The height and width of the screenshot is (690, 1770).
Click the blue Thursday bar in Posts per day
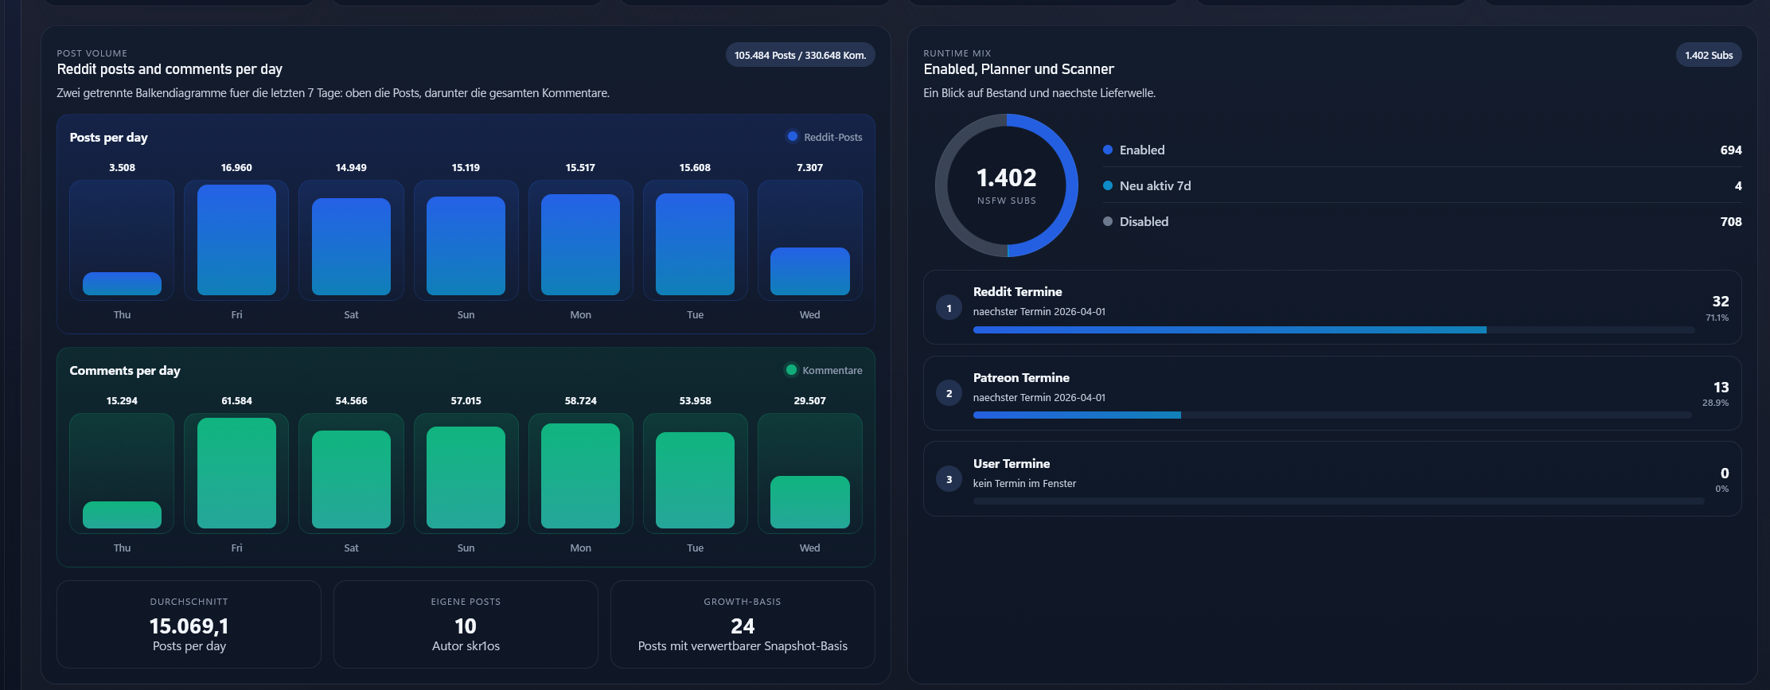tap(122, 283)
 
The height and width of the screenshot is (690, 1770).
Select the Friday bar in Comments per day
tap(236, 473)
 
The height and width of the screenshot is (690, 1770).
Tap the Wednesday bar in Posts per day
tap(809, 271)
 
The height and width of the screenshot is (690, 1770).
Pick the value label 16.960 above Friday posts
tap(236, 168)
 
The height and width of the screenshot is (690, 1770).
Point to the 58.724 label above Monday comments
tap(580, 401)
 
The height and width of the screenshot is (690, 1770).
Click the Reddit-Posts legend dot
tap(793, 136)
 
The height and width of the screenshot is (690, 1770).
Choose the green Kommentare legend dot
tap(791, 369)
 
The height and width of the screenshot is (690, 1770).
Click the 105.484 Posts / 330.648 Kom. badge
tap(800, 55)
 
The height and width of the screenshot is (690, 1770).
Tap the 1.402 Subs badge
tap(1709, 55)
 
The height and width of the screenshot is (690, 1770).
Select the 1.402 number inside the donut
tap(1007, 177)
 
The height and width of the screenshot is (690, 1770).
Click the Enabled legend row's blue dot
tap(1108, 150)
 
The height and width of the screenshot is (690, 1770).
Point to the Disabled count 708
tap(1731, 222)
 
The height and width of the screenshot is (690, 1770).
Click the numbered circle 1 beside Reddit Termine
tap(949, 308)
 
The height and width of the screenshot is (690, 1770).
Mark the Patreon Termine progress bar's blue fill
tap(1077, 415)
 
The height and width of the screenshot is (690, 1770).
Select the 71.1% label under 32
tap(1717, 318)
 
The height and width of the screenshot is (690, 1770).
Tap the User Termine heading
tap(1012, 464)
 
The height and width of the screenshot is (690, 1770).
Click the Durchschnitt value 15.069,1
tap(189, 626)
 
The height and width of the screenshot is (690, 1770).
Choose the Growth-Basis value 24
tap(743, 626)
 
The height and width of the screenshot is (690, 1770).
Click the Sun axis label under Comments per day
tap(466, 548)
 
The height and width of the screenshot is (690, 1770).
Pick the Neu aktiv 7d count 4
tap(1738, 186)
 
